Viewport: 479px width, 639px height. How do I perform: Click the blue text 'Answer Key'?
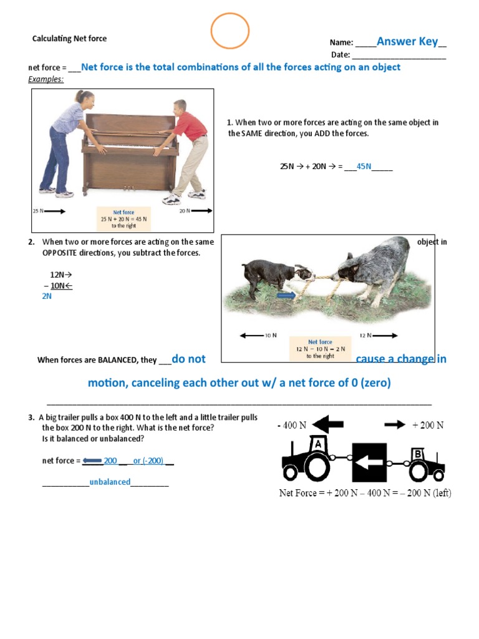pos(407,42)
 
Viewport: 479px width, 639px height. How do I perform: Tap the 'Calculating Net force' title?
pos(69,39)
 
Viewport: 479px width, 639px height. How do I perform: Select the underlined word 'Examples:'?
pos(46,79)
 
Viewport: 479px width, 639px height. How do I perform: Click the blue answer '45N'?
pos(364,167)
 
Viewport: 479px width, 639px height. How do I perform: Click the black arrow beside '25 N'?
pos(54,212)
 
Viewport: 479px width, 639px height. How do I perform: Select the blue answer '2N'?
pos(47,296)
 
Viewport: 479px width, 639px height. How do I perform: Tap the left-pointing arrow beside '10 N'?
pos(252,336)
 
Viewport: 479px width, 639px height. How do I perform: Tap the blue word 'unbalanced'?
pos(110,482)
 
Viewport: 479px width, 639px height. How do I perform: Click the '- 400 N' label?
pos(292,426)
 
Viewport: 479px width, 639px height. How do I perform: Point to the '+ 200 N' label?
pos(428,425)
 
